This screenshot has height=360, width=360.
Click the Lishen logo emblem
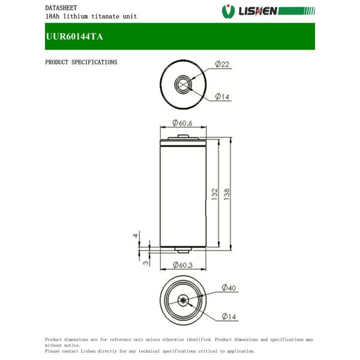[x=228, y=11]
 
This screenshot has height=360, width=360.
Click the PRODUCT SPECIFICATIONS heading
[x=81, y=62]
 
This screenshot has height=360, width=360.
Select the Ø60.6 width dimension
[x=182, y=123]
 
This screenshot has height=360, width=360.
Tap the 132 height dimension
[x=214, y=194]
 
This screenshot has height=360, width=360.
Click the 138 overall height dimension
[x=227, y=194]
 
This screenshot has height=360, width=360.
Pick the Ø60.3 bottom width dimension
[x=182, y=265]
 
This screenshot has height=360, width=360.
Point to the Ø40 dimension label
[x=229, y=288]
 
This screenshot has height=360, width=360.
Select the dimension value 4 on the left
[x=136, y=236]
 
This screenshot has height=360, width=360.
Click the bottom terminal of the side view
[x=184, y=250]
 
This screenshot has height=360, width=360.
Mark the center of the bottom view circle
[x=184, y=301]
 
